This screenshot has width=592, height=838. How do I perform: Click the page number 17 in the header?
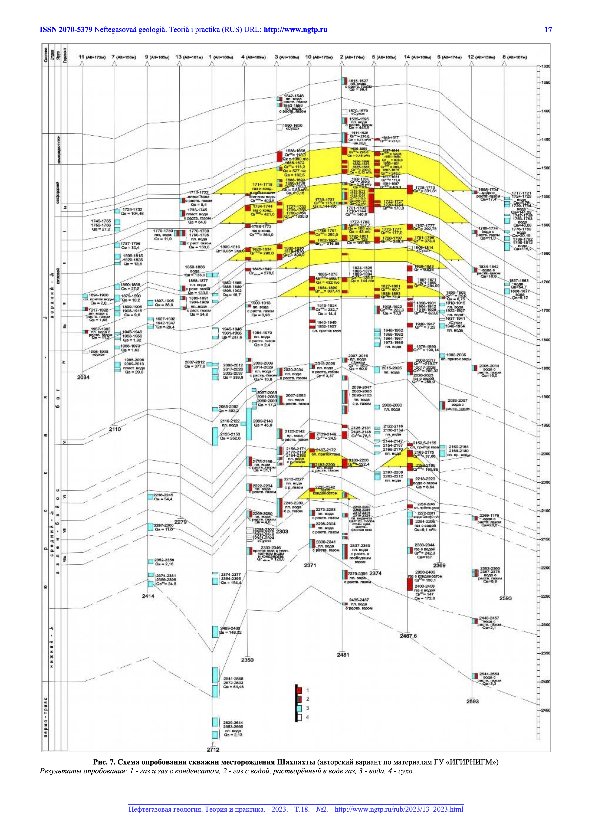[x=548, y=30]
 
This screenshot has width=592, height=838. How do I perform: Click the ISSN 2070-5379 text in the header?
[x=66, y=30]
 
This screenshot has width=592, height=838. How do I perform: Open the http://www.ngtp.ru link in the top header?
[x=295, y=30]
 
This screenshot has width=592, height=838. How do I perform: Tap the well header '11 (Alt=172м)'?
[x=92, y=57]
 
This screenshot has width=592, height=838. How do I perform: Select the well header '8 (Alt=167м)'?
[x=514, y=57]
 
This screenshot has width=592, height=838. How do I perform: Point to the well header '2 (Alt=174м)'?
[x=352, y=57]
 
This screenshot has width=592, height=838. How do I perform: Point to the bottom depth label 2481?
[x=343, y=655]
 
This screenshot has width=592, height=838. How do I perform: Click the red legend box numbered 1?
[x=299, y=690]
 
